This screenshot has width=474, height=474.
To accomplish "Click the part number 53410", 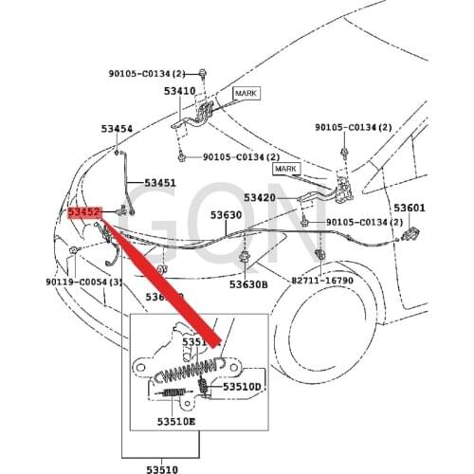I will click(178, 92).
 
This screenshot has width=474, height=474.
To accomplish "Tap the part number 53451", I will click(160, 182).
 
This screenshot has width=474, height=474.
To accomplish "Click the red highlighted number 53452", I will click(84, 214).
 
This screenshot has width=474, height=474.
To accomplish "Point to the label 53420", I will click(259, 198).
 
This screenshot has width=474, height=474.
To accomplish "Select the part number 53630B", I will click(248, 283).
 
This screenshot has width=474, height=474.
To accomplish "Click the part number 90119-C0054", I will click(82, 282).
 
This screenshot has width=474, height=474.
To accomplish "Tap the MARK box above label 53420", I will click(287, 168).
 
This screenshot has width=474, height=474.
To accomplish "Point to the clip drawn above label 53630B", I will click(246, 254).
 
